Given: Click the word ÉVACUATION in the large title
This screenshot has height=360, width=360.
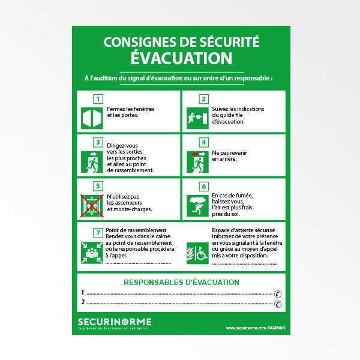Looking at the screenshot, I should [x=181, y=58].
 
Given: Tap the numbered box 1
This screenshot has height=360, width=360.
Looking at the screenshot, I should [x=98, y=99].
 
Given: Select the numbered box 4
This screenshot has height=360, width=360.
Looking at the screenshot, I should [x=203, y=142].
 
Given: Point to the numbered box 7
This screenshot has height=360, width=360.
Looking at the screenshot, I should [x=98, y=232].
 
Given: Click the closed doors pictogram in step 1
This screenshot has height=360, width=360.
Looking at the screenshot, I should [x=92, y=118].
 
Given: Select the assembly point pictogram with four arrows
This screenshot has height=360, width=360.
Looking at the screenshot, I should [x=92, y=253].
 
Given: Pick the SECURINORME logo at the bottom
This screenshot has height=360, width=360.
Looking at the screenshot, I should [x=115, y=322].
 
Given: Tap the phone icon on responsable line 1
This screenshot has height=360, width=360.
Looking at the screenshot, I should [x=277, y=293].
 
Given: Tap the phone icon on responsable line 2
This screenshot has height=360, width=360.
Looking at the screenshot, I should [x=277, y=304].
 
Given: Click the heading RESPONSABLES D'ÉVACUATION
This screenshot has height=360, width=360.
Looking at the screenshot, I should [x=181, y=282].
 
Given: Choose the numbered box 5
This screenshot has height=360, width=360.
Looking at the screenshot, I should [x=98, y=186].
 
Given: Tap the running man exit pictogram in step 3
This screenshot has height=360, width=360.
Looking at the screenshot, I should [x=92, y=161].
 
